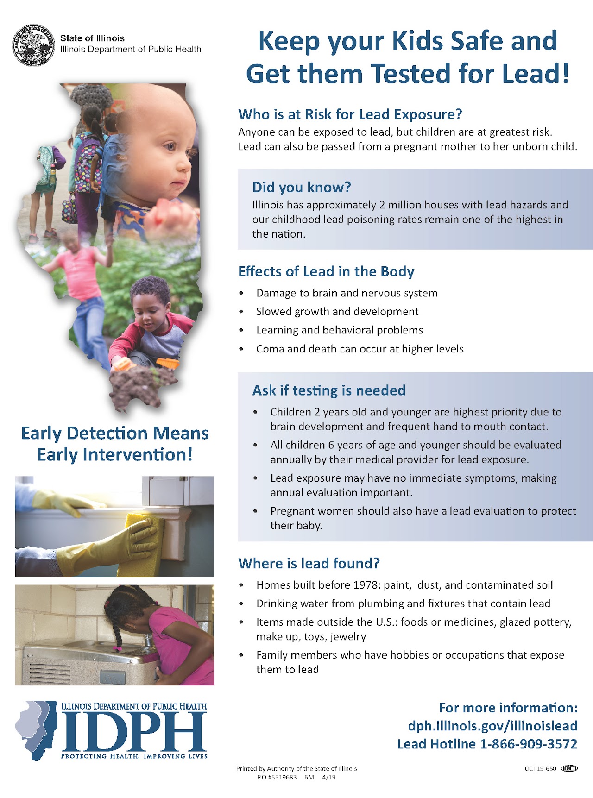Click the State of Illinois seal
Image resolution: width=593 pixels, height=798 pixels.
click(32, 45)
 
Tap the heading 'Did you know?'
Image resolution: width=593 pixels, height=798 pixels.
click(302, 187)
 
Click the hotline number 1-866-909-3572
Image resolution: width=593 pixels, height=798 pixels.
click(528, 744)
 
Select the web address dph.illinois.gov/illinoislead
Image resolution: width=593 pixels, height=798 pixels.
click(492, 726)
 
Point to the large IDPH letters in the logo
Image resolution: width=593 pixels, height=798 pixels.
click(134, 732)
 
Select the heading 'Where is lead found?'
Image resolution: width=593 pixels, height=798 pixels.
click(309, 563)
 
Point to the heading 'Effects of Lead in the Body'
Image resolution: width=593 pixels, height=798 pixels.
click(326, 271)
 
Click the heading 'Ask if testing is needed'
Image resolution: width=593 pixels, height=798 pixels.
click(329, 390)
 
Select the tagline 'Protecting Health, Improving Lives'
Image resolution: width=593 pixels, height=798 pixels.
click(134, 756)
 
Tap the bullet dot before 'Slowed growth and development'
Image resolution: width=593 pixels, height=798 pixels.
click(241, 312)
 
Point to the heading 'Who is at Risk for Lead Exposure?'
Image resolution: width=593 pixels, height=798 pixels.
click(350, 114)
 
